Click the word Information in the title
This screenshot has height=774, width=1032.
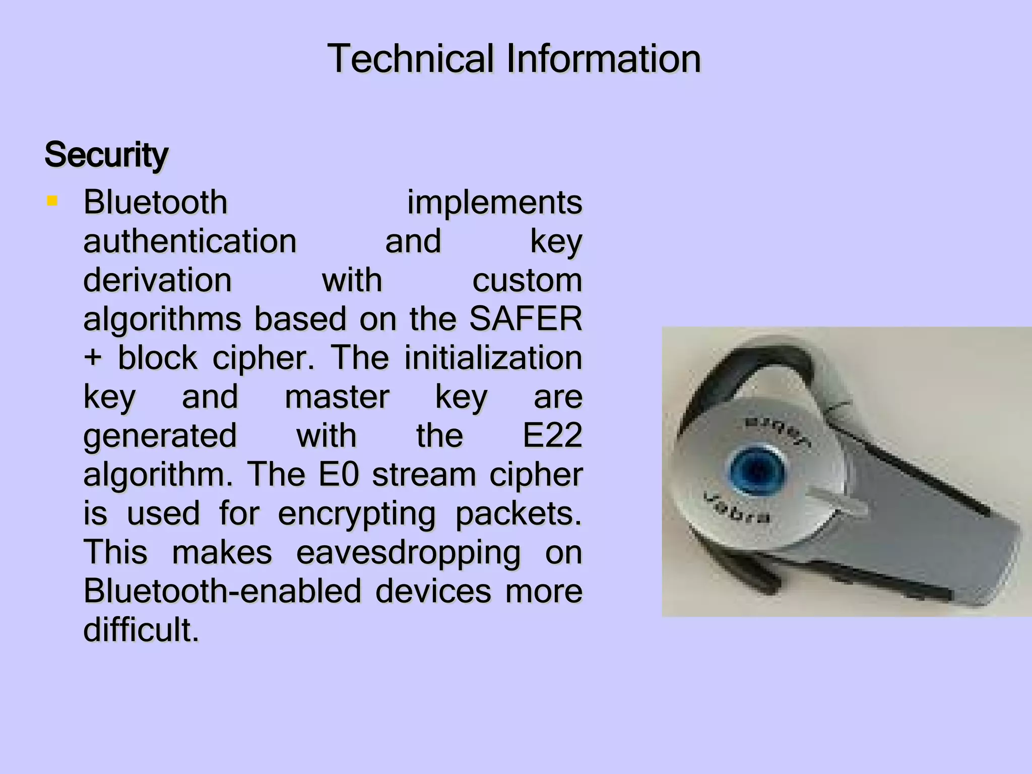tap(604, 59)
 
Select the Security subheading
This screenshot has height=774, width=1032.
tap(106, 155)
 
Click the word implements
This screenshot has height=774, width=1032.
tap(494, 203)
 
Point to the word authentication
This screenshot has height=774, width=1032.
tap(190, 241)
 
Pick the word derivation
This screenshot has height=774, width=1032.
tap(157, 280)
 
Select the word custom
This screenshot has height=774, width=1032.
tap(527, 280)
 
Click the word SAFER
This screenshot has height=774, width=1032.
tap(526, 319)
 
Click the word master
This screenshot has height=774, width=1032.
tap(337, 397)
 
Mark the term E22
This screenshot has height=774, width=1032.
tap(552, 436)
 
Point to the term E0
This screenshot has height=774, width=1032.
tap(339, 475)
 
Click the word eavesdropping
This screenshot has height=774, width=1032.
tap(408, 553)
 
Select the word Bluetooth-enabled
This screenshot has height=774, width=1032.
tap(222, 591)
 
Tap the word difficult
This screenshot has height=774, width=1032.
tap(141, 630)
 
